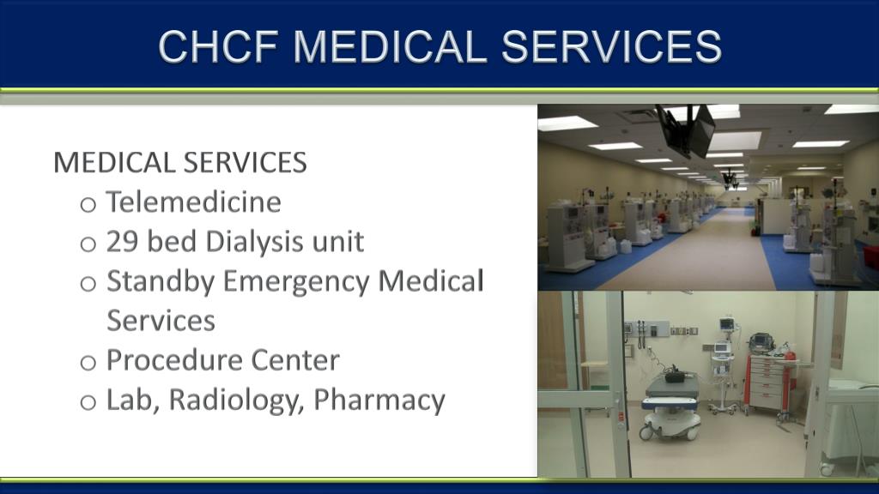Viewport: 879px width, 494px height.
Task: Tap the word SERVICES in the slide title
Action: pos(611,46)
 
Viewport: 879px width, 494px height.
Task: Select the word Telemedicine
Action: pos(193,202)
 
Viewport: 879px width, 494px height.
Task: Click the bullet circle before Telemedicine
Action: pos(88,205)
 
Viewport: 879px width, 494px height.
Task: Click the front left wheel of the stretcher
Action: pos(646,433)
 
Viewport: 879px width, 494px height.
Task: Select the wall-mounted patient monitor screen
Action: pos(727,323)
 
